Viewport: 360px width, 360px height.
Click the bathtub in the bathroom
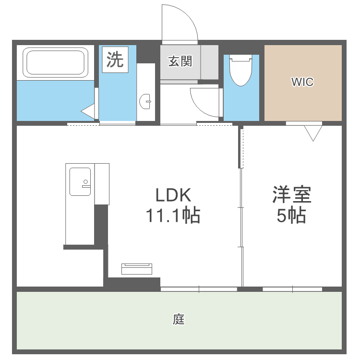pos(56,62)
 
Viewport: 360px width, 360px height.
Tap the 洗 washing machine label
pos(115,60)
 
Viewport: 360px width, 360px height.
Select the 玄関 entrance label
pos(180,61)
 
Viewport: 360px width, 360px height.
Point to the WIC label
pos(302,82)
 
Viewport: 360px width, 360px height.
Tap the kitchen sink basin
pos(80,181)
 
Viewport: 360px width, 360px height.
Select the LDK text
pos(173,195)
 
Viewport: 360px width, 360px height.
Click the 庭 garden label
pos(179,319)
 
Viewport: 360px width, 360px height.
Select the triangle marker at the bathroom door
pos(88,111)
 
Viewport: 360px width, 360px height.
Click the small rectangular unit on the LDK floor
pos(137,269)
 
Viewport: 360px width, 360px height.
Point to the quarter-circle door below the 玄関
pos(204,102)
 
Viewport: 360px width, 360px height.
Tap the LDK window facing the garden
pos(199,289)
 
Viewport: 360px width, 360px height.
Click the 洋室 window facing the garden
pos(292,289)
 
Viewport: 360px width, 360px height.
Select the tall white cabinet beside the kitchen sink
pos(102,184)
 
